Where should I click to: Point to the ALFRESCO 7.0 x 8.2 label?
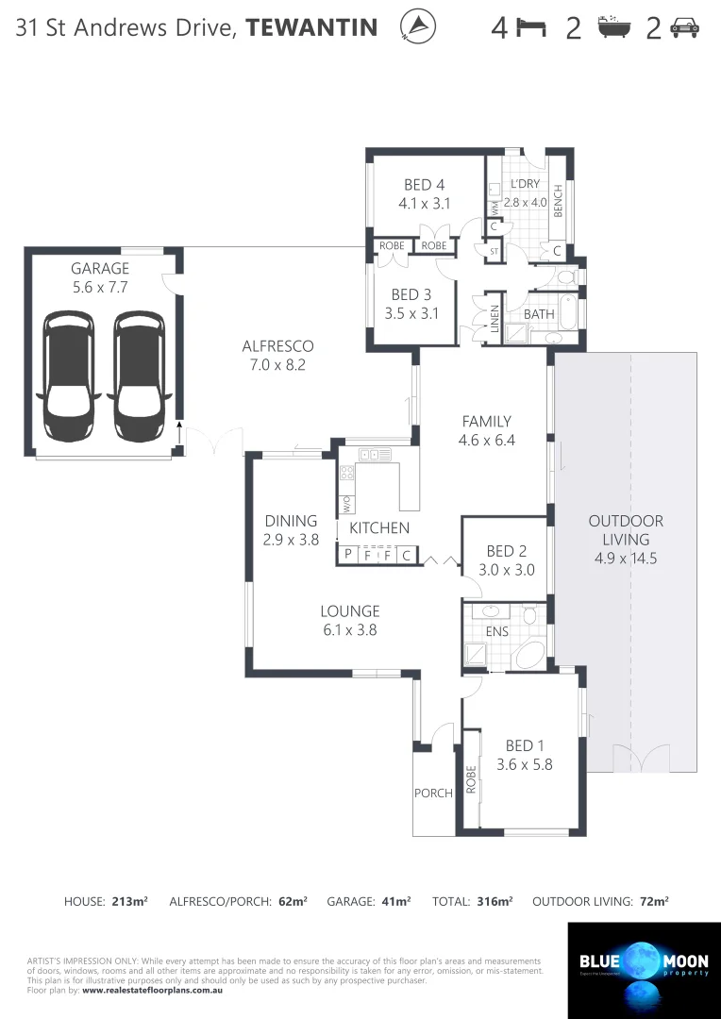pyautogui.click(x=277, y=355)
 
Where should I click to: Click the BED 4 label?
pyautogui.click(x=424, y=185)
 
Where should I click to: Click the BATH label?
pyautogui.click(x=539, y=314)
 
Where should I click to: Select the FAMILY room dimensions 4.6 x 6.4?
pyautogui.click(x=486, y=440)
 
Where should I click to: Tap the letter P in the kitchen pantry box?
pyautogui.click(x=347, y=555)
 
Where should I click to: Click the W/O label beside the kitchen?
pyautogui.click(x=345, y=504)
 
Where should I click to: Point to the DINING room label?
pyautogui.click(x=291, y=522)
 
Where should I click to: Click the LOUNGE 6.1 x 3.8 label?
pyautogui.click(x=349, y=620)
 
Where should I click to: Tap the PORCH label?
pyautogui.click(x=433, y=793)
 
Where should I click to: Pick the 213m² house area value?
pyautogui.click(x=129, y=902)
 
